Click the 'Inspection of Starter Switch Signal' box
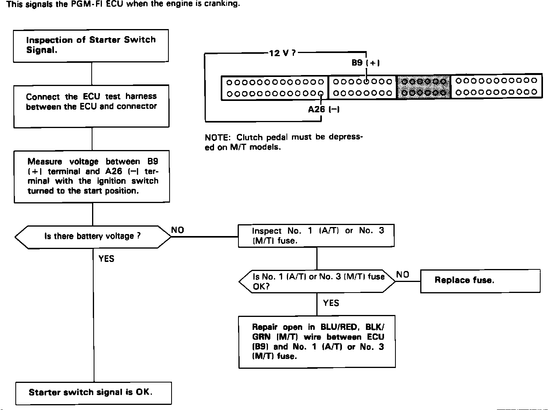click(91, 45)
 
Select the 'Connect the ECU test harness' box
click(91, 106)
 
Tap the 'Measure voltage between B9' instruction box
click(92, 176)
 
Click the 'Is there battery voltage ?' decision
click(93, 236)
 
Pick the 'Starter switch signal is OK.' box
click(94, 393)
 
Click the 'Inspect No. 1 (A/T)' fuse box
click(316, 236)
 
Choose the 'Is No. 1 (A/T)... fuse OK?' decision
click(317, 281)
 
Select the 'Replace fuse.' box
click(480, 280)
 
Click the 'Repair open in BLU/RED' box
click(317, 341)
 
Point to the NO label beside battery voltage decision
click(177, 230)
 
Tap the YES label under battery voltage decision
click(106, 258)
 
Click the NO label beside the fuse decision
click(403, 275)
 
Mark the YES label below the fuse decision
click(331, 303)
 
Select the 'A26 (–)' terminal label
click(323, 110)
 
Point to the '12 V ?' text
click(282, 53)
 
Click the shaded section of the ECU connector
click(423, 86)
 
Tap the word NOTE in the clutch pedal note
click(217, 138)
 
